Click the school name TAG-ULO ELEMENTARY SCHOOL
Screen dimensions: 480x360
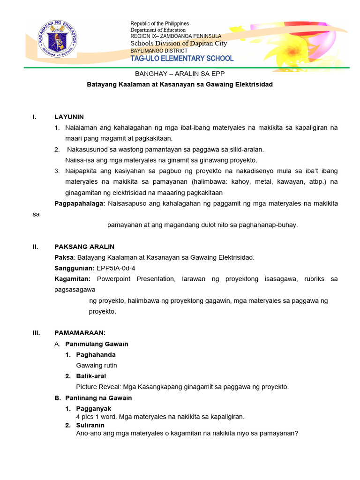[181, 59]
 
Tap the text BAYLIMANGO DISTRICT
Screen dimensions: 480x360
[158, 51]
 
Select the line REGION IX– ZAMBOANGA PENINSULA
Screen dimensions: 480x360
[176, 36]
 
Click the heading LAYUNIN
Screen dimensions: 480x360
[69, 117]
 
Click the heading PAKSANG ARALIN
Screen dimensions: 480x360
[84, 247]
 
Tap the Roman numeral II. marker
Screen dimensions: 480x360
[36, 247]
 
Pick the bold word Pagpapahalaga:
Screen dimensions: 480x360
[80, 203]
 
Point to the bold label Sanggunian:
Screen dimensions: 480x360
[74, 268]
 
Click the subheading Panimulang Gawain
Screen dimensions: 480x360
[97, 344]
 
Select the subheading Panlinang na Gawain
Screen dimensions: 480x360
[98, 398]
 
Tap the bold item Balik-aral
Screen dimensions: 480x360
[91, 376]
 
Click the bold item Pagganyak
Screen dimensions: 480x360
[93, 409]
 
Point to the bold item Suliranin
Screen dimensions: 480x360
[90, 425]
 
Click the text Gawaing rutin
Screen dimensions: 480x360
[97, 365]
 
